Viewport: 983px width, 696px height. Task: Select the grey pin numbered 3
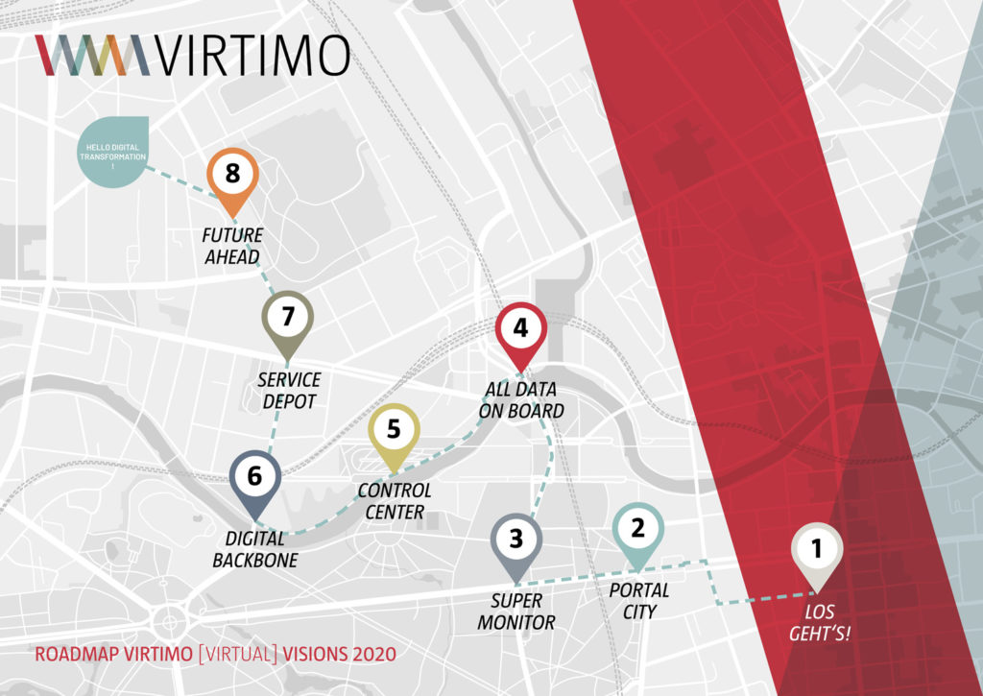[516, 540]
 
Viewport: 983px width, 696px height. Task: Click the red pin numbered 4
[520, 329]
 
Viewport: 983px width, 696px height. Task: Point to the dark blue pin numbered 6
[255, 477]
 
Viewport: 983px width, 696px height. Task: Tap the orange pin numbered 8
[232, 175]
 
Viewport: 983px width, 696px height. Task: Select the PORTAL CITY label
[638, 600]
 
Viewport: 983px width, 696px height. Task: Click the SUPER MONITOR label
[523, 612]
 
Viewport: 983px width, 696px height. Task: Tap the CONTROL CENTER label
[394, 500]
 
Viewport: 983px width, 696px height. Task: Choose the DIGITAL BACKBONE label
[256, 548]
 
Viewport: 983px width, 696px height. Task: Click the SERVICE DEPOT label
[288, 391]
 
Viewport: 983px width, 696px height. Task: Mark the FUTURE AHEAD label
[232, 246]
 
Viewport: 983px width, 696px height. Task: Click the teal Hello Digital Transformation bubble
[114, 153]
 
